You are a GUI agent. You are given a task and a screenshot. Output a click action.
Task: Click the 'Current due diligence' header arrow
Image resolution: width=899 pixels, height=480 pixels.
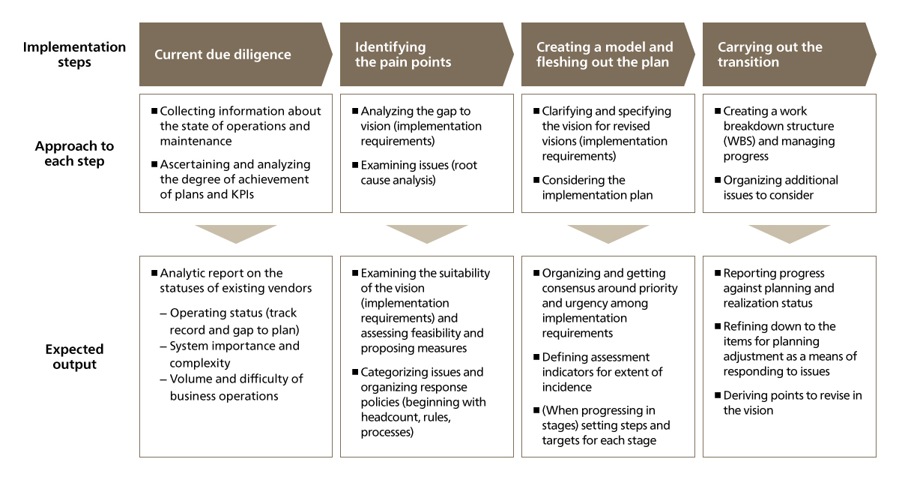(235, 54)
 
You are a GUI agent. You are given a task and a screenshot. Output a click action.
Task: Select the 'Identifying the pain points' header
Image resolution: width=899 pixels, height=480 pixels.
(426, 54)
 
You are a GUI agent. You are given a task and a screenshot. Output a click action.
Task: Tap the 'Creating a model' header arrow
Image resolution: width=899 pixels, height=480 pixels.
(608, 54)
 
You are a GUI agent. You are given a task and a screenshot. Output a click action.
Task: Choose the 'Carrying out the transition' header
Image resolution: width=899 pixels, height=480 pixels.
(790, 54)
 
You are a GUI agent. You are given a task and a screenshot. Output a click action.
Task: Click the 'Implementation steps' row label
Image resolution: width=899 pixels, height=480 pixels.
(74, 54)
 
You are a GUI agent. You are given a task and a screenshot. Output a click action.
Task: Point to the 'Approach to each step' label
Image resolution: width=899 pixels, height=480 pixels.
(74, 153)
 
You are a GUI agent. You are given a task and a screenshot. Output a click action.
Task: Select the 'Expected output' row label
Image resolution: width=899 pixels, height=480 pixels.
(74, 356)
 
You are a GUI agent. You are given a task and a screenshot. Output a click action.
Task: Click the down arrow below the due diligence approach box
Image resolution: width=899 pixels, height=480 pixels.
(236, 234)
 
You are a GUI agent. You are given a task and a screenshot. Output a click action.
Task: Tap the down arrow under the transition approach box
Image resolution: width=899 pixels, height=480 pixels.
(790, 234)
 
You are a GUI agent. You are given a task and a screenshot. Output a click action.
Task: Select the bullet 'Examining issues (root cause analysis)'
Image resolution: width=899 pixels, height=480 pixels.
(415, 172)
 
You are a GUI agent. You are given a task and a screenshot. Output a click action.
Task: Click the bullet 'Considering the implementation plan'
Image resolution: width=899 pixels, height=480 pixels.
(593, 187)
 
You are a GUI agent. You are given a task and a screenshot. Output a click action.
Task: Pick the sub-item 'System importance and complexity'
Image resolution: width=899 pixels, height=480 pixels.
(230, 354)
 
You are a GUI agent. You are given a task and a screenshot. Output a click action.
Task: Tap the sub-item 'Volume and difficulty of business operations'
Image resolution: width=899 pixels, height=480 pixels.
(231, 387)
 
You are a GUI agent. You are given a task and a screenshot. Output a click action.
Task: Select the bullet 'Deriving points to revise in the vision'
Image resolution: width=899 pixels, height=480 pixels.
(788, 403)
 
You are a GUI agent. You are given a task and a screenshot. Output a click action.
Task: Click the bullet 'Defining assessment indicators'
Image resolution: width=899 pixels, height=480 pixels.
(598, 372)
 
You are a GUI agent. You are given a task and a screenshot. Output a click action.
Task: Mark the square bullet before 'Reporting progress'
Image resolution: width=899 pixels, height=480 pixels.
(718, 273)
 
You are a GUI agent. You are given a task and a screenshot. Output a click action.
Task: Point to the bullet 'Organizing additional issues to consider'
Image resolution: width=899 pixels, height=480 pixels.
(776, 187)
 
